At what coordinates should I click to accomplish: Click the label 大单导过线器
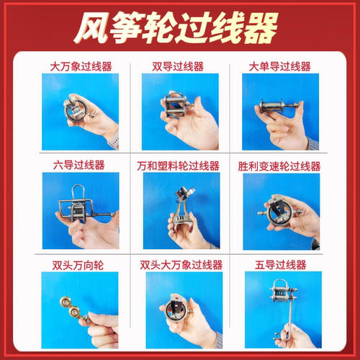click(x=281, y=66)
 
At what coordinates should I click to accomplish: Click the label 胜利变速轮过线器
click(x=280, y=165)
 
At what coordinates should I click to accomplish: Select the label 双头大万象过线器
click(x=179, y=264)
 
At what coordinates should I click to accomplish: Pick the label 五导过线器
click(x=280, y=264)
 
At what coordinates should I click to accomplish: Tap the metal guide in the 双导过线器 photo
click(x=175, y=104)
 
